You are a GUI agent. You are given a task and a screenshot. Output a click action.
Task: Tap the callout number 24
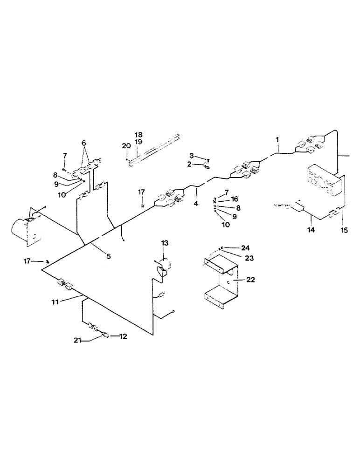246,247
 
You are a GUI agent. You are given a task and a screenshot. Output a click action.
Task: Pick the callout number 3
191,155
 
